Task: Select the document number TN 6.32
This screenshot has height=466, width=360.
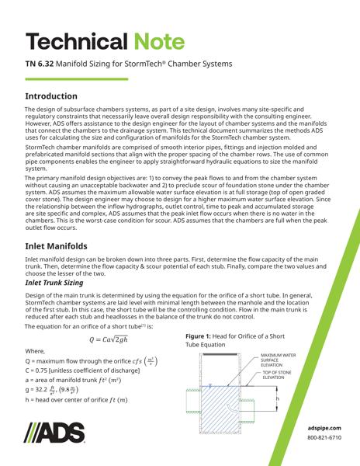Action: coord(43,64)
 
